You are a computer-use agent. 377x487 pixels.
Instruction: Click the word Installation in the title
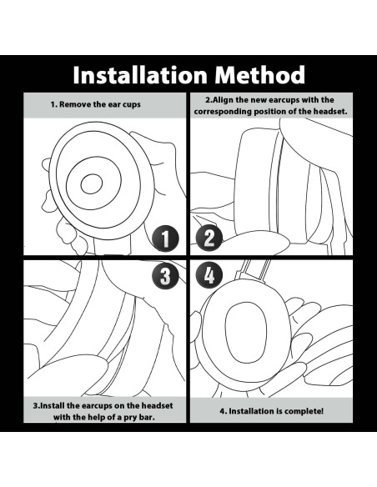click(x=140, y=75)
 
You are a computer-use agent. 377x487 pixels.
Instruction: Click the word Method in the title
click(x=260, y=75)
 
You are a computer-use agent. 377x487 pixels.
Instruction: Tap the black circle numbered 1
click(x=165, y=238)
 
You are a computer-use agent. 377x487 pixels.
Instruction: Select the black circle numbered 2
click(x=209, y=238)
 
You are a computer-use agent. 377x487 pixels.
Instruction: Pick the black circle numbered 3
click(x=165, y=276)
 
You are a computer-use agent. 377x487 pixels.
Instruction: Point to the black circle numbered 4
click(x=209, y=275)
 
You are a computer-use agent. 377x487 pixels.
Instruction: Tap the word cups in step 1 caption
click(x=132, y=105)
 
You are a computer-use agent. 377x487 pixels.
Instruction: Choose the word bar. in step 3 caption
click(x=148, y=417)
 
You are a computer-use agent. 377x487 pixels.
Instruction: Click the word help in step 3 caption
click(x=94, y=417)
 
